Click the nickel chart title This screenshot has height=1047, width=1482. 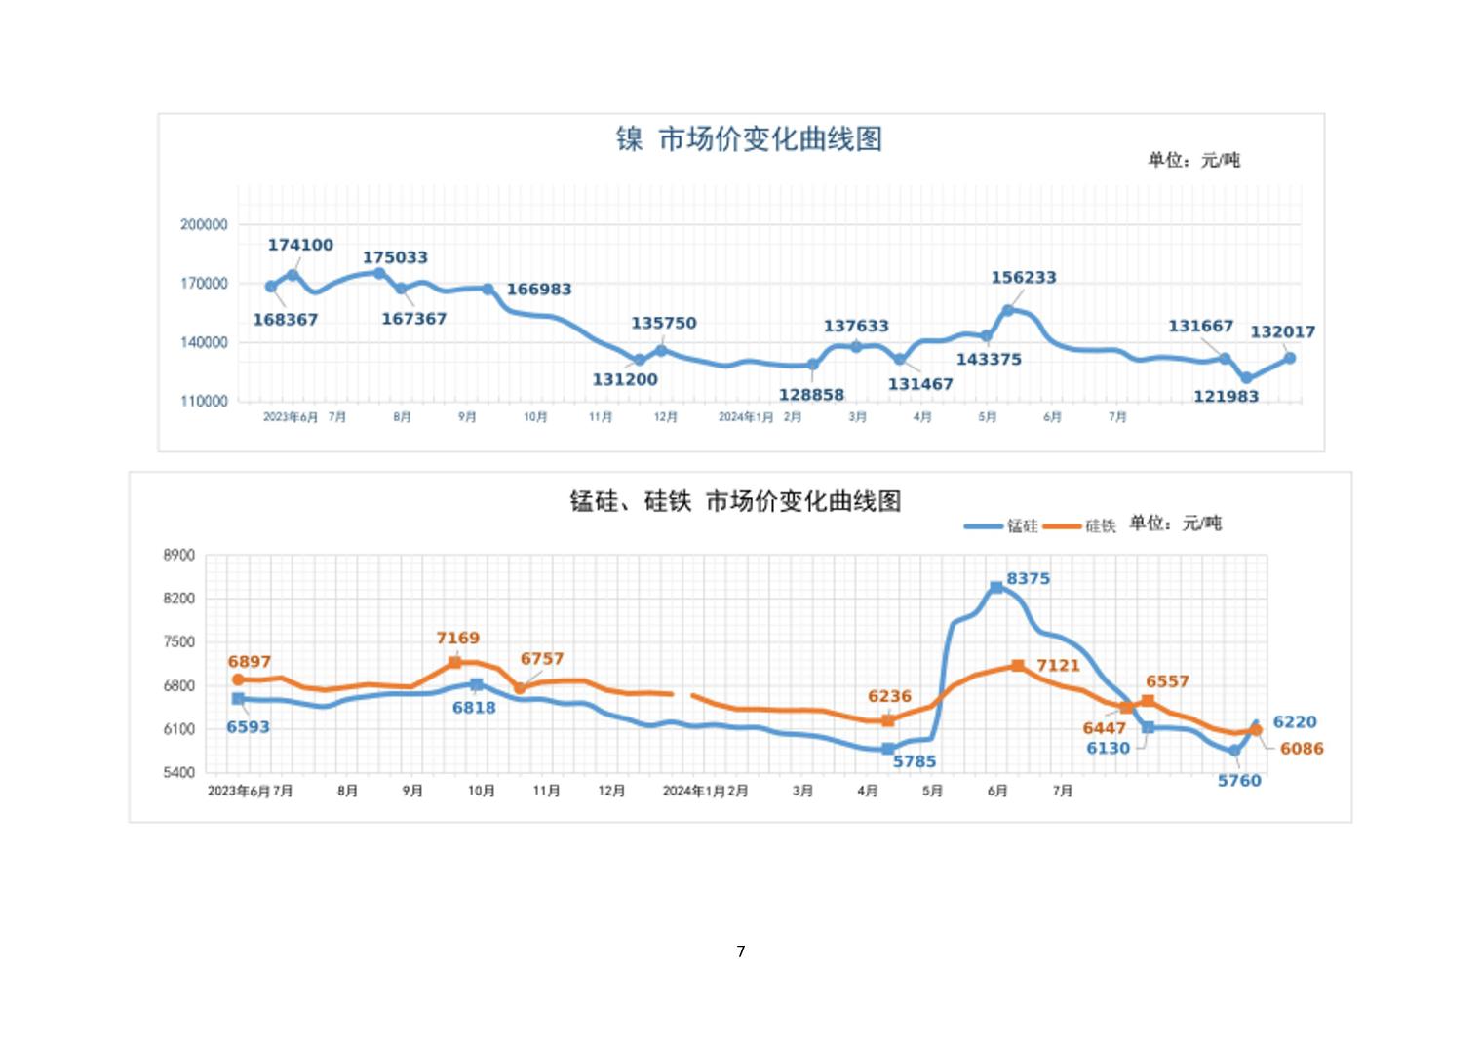click(x=749, y=139)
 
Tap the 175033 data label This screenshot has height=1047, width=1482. click(x=395, y=257)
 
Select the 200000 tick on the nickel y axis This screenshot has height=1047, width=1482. click(x=204, y=224)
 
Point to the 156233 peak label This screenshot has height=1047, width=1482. click(x=1024, y=277)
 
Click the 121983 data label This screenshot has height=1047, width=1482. click(x=1226, y=396)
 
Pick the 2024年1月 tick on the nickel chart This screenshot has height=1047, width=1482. click(x=746, y=417)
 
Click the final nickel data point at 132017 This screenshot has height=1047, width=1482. click(x=1290, y=358)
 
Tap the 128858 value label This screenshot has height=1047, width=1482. click(x=811, y=395)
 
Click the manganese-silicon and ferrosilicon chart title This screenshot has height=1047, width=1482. click(x=735, y=501)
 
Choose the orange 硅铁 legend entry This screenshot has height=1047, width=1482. click(x=1080, y=526)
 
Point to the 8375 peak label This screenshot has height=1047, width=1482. click(x=1029, y=578)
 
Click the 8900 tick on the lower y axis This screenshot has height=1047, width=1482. click(x=179, y=555)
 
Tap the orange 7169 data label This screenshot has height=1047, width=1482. click(x=457, y=638)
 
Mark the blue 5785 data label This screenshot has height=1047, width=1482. click(x=915, y=761)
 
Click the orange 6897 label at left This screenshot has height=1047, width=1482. click(x=250, y=661)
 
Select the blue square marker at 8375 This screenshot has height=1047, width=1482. click(x=996, y=588)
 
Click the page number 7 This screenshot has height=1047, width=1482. click(x=741, y=951)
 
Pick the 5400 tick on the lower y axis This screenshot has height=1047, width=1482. click(x=179, y=773)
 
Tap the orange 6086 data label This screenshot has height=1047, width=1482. click(x=1302, y=749)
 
